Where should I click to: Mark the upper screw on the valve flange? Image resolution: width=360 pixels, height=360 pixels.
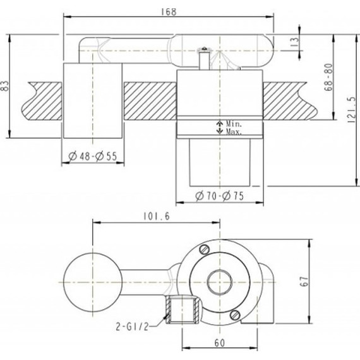point(203,251)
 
